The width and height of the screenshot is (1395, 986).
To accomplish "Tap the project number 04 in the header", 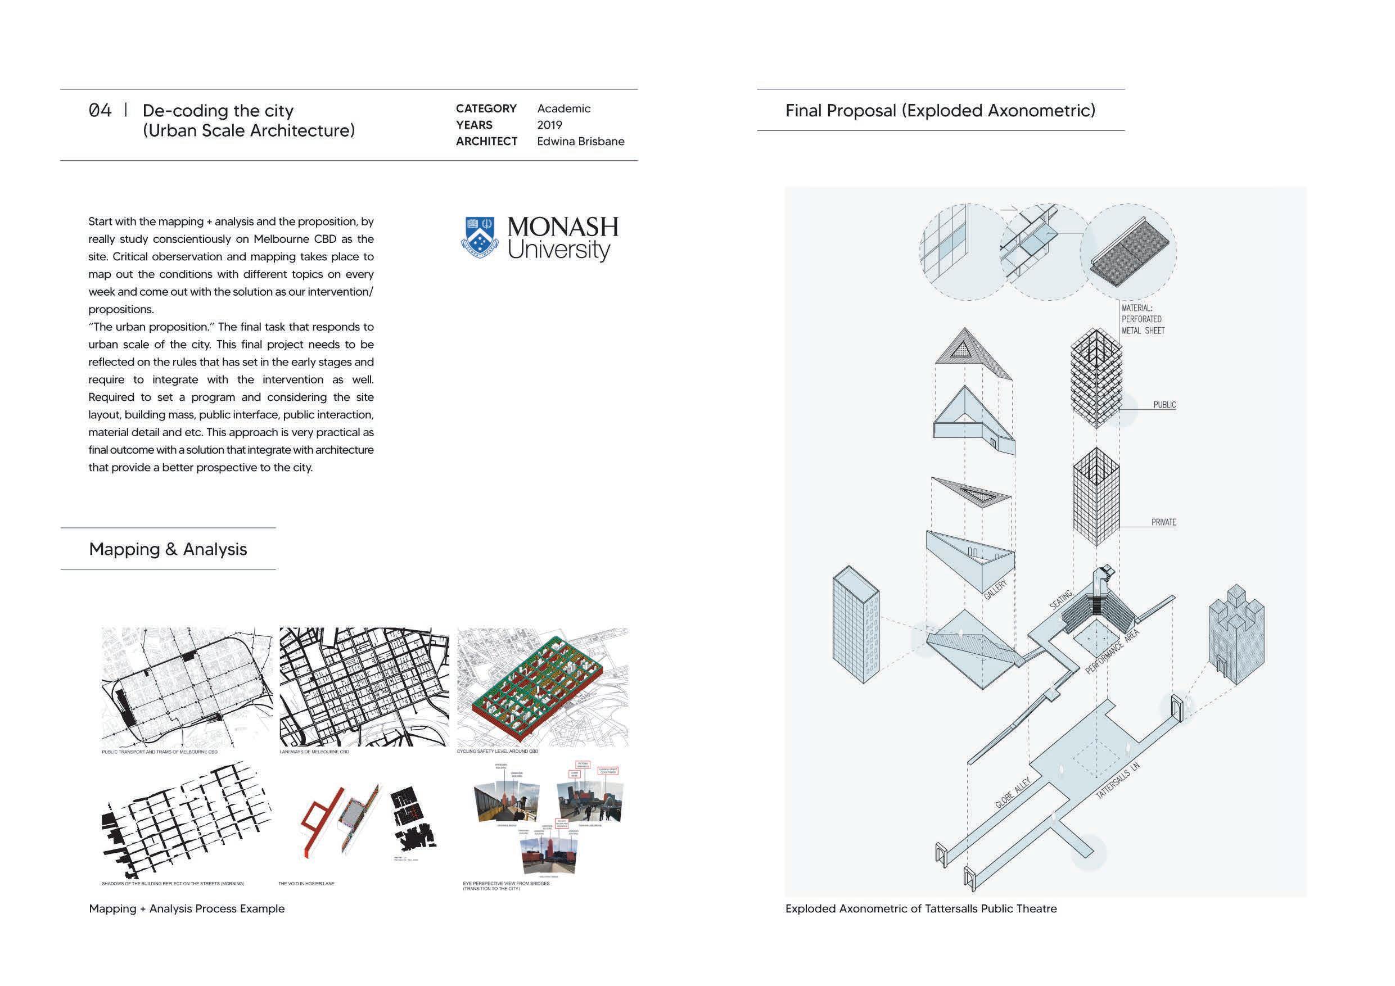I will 100,111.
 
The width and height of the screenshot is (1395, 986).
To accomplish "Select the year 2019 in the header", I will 549,125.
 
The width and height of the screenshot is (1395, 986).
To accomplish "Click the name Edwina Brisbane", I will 580,142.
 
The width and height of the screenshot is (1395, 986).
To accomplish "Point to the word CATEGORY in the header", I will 486,108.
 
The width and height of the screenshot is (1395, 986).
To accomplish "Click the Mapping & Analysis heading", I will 168,549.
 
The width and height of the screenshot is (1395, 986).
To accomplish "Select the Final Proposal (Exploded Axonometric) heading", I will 940,111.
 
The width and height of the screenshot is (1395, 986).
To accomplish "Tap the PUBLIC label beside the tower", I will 1164,405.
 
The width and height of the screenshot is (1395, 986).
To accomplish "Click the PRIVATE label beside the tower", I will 1163,522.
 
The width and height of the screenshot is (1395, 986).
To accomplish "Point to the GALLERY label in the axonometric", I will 995,590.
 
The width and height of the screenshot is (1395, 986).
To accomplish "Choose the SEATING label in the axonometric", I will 1061,600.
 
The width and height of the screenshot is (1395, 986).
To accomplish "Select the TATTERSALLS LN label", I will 1117,781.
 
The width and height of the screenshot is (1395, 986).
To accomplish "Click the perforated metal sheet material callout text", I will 1143,319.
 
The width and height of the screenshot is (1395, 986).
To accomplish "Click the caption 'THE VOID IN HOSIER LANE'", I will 306,884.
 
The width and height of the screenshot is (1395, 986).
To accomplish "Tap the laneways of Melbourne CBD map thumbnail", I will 364,686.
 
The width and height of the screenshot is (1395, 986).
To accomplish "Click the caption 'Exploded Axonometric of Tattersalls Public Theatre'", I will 920,909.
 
